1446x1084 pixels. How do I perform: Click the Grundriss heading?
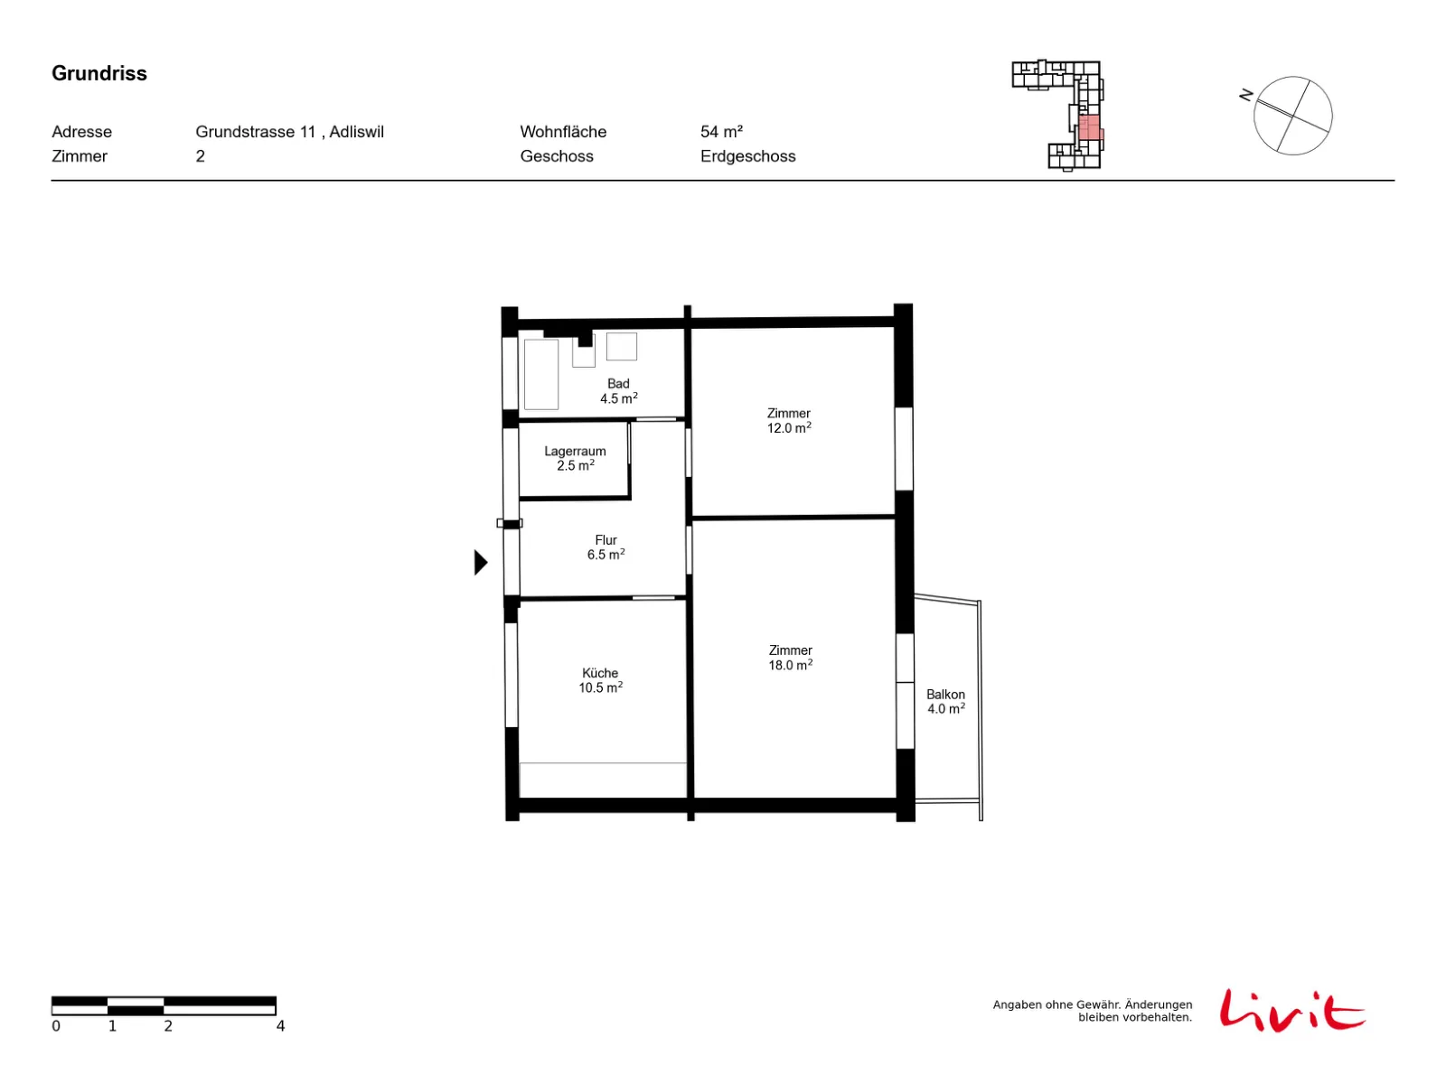pos(99,73)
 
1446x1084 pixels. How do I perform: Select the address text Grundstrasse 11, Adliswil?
pos(289,132)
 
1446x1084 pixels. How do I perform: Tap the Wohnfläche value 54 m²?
pos(720,132)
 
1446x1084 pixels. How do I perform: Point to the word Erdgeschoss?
pos(747,156)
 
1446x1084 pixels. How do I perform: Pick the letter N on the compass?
pos(1244,95)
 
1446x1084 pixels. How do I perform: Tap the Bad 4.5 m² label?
pos(618,390)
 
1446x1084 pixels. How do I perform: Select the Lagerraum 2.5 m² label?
pos(575,457)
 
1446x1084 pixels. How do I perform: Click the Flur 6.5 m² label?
pos(606,547)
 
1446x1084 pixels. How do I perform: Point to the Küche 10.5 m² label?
pos(599,679)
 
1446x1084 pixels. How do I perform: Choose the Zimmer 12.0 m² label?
pos(788,420)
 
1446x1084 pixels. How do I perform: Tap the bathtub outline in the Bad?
pos(540,374)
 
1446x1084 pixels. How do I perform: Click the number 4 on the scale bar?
pos(280,1025)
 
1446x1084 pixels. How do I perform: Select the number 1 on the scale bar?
pos(112,1025)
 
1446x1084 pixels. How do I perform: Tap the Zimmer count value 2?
pos(200,156)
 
